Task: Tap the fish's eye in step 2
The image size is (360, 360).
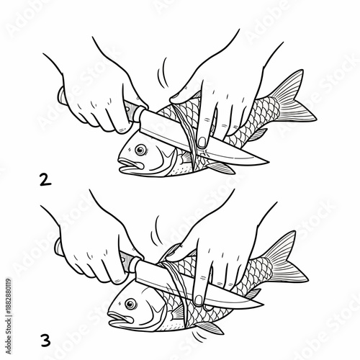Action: click(140, 150)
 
